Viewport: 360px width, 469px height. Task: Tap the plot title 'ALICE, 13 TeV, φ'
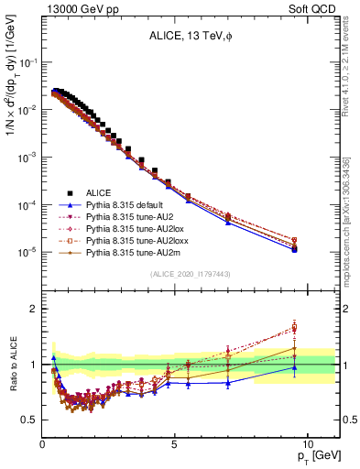(190, 38)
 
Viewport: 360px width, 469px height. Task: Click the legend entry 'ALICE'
(98, 192)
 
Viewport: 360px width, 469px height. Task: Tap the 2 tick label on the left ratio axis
(32, 309)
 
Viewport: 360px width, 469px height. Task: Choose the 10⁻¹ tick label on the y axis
(27, 62)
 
